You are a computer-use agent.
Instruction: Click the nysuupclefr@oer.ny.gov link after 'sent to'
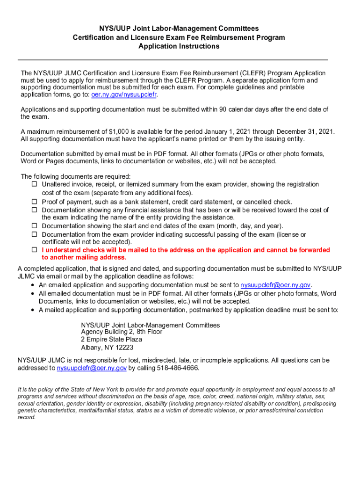click(x=275, y=285)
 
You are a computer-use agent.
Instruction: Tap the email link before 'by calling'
click(x=92, y=368)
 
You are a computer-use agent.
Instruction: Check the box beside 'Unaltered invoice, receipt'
click(x=34, y=184)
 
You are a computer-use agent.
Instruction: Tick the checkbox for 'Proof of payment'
click(x=34, y=202)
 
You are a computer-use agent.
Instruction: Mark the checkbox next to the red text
click(x=34, y=250)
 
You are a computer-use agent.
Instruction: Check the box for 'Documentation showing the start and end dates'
click(x=34, y=226)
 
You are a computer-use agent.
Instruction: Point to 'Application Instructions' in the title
click(x=179, y=46)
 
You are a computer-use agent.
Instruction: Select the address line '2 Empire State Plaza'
click(x=111, y=339)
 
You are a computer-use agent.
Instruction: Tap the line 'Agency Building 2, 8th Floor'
click(x=122, y=332)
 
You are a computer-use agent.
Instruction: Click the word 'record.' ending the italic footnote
click(x=27, y=417)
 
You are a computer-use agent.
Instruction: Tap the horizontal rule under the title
click(x=173, y=60)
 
